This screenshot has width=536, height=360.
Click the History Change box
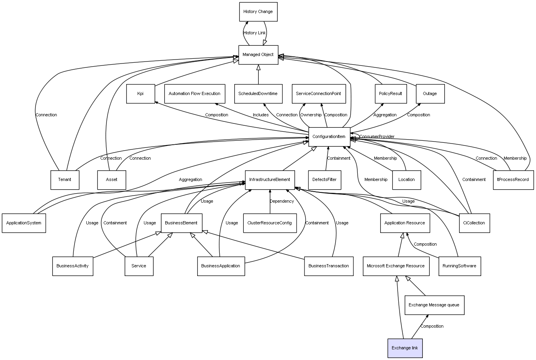pos(258,12)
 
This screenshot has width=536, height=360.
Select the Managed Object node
pos(258,55)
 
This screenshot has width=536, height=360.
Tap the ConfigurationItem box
pos(329,136)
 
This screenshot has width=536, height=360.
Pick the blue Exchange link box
pos(405,348)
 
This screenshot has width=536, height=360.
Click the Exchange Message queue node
pos(434,305)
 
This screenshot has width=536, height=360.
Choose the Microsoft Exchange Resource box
pos(396,266)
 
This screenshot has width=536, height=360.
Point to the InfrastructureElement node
pos(270,180)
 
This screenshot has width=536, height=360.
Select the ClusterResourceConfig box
pos(270,223)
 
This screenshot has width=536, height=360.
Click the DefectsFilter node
pos(325,180)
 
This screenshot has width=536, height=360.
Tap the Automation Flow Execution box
pos(194,94)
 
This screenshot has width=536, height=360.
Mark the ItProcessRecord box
pos(513,180)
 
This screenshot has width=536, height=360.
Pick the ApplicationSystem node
pos(24,223)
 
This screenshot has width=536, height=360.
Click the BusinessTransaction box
pos(329,266)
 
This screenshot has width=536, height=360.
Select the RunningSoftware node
pos(459,266)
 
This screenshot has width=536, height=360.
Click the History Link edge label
pos(254,33)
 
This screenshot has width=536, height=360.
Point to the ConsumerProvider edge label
pos(377,137)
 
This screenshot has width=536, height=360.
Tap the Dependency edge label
pos(282,201)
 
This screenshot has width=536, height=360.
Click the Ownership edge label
pos(311,115)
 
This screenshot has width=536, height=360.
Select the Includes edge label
pos(261,115)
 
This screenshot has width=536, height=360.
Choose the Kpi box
pos(140,94)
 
